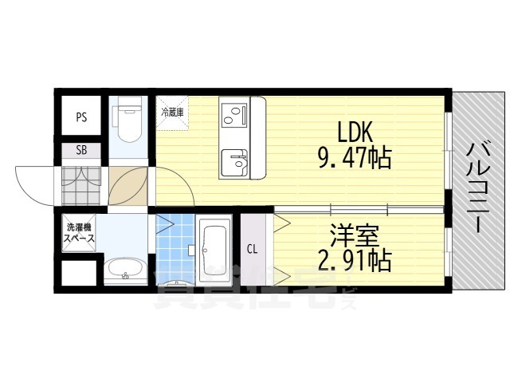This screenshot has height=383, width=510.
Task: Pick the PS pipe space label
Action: tap(81, 116)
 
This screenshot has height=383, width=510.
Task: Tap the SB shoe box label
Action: tap(81, 150)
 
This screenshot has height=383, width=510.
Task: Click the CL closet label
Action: tap(252, 249)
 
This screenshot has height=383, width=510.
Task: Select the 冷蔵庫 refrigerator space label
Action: tap(172, 113)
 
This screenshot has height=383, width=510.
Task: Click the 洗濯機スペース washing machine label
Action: tap(80, 233)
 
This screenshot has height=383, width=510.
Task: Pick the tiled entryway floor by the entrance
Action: tap(81, 185)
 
